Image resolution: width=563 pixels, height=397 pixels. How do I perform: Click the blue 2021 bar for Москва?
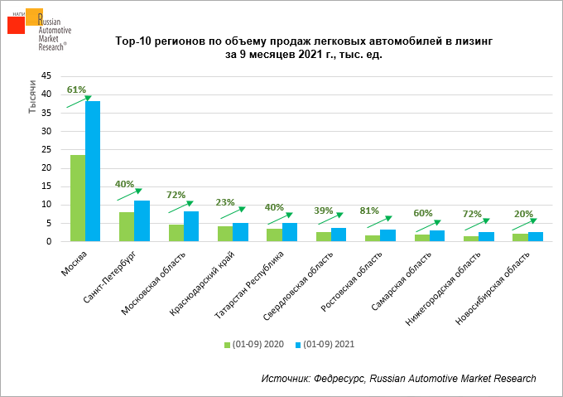pyautogui.click(x=93, y=171)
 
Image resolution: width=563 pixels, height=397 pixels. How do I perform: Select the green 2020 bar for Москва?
pyautogui.click(x=78, y=198)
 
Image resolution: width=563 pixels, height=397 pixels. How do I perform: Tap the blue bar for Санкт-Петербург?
pyautogui.click(x=142, y=220)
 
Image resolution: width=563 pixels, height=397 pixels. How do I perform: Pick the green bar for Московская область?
pyautogui.click(x=176, y=233)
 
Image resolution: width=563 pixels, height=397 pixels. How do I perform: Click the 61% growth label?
pyautogui.click(x=76, y=90)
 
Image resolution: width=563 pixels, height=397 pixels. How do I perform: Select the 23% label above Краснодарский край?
pyautogui.click(x=225, y=202)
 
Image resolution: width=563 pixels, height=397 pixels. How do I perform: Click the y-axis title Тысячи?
pyautogui.click(x=31, y=99)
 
